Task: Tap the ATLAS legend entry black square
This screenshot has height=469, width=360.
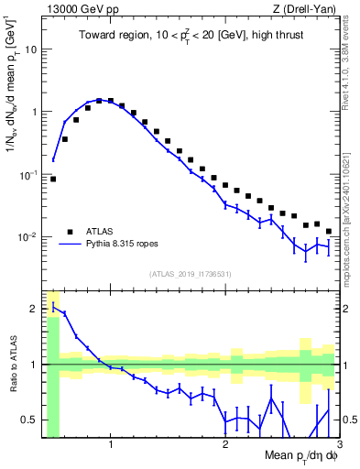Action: [69, 232]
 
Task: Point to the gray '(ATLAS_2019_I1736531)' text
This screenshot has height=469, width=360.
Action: [191, 273]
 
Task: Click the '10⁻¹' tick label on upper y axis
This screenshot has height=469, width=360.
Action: [29, 174]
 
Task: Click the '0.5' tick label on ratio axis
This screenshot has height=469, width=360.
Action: [28, 420]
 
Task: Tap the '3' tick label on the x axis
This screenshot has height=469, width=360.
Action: [338, 446]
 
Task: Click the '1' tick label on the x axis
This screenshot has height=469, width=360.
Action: [111, 446]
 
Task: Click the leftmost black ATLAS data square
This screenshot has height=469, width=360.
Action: [53, 179]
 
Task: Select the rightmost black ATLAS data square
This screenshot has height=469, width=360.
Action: [328, 232]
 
